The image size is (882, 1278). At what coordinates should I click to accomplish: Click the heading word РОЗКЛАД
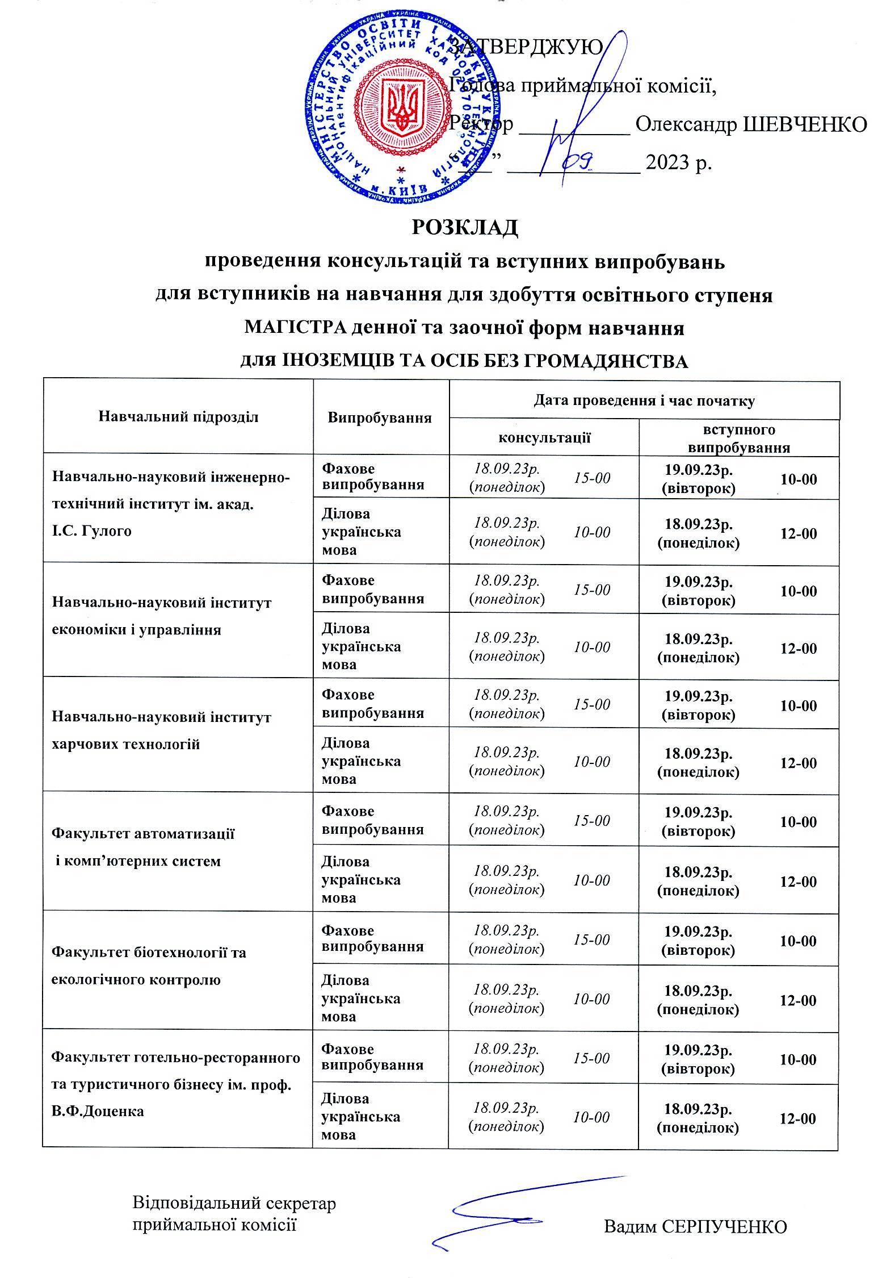[464, 227]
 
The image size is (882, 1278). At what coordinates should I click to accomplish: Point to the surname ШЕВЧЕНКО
[805, 124]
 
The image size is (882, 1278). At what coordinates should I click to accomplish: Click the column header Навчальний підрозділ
[178, 417]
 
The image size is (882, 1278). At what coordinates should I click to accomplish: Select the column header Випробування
[380, 418]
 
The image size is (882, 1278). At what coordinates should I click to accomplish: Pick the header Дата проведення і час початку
[644, 400]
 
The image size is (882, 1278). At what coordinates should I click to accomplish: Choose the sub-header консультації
[544, 437]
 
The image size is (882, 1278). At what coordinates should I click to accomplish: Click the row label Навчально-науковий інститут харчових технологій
[161, 730]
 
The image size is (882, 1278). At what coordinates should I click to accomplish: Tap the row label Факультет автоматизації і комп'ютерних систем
[142, 847]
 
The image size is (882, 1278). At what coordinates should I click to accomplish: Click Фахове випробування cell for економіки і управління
[372, 589]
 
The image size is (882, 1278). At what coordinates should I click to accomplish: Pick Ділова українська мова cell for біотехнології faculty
[361, 998]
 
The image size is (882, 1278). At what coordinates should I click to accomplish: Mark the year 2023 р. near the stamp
[679, 163]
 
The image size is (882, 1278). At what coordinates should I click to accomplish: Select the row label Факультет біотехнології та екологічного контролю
[149, 966]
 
